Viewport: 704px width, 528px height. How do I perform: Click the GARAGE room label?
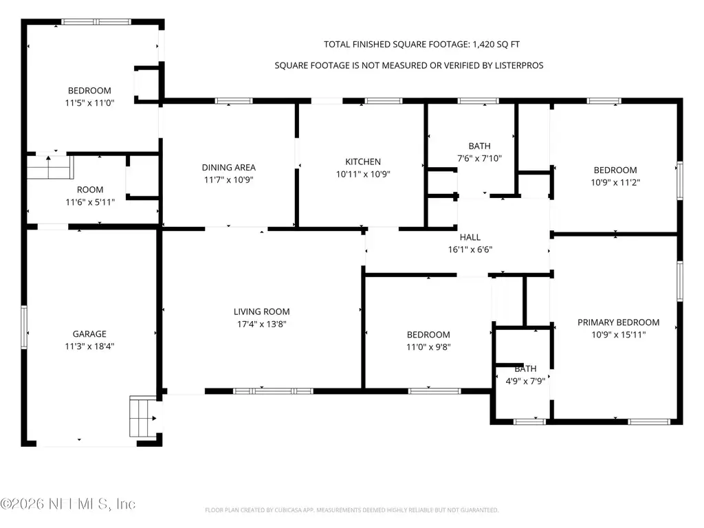(x=89, y=334)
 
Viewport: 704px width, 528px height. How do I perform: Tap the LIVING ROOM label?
(x=261, y=311)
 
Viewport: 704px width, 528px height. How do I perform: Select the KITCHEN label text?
(x=363, y=162)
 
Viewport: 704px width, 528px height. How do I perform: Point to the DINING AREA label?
(x=228, y=168)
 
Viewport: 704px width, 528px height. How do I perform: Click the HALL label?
(x=470, y=237)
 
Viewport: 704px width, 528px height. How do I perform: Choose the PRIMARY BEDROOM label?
(x=618, y=322)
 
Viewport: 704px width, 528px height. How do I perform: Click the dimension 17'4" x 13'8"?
(x=262, y=324)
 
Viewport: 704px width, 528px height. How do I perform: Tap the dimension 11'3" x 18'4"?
(x=89, y=346)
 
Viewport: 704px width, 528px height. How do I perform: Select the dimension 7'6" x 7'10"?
(x=479, y=158)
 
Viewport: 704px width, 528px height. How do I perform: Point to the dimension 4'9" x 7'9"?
(x=525, y=381)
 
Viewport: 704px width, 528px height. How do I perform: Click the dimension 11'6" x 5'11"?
(x=90, y=202)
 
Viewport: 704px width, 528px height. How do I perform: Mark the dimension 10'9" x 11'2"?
(x=615, y=182)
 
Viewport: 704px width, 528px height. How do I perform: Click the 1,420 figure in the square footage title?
(x=483, y=45)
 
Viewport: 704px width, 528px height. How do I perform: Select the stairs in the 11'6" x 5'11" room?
(x=49, y=167)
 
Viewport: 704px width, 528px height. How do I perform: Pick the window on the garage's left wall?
(x=24, y=327)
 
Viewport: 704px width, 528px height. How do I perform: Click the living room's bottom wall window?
(x=274, y=391)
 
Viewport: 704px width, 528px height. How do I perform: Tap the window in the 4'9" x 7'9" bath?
(x=530, y=421)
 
